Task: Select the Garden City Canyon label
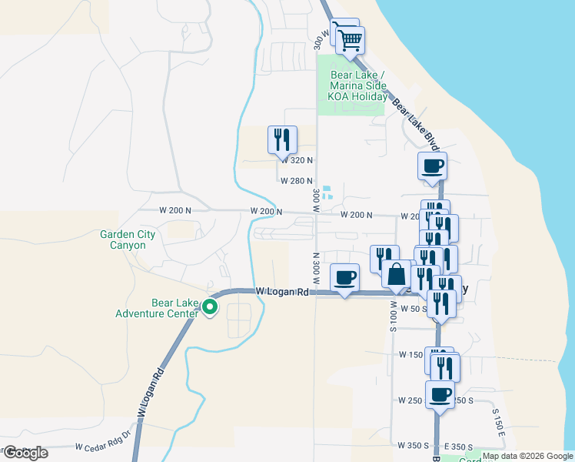123,240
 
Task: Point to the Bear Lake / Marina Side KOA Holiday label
358,86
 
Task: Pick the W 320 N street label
297,160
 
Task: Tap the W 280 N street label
297,181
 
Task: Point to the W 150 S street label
412,355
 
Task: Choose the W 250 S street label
412,400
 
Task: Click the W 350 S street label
413,446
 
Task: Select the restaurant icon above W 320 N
281,139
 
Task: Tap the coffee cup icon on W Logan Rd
345,277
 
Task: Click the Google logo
26,453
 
